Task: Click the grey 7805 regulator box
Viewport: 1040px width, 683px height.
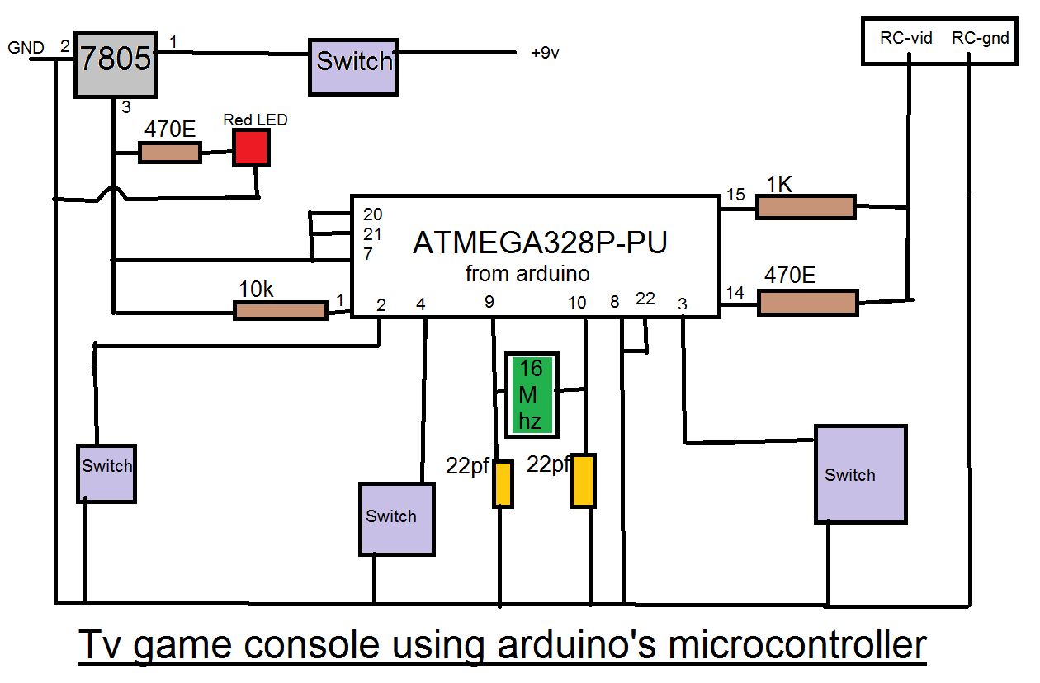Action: click(116, 64)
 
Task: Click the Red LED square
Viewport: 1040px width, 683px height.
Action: click(251, 148)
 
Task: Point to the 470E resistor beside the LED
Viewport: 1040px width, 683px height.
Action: click(169, 152)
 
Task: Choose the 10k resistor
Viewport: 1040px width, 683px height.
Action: click(281, 310)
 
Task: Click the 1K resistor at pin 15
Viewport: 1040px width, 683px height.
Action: click(806, 207)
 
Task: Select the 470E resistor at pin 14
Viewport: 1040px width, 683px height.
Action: click(807, 302)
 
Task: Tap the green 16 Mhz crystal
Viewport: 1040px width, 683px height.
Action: click(532, 394)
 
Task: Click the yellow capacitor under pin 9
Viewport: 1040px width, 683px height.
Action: click(503, 484)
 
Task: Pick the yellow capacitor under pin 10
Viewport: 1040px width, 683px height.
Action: click(584, 480)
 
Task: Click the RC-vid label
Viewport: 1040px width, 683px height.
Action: click(905, 38)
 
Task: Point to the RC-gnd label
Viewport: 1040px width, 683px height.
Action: click(980, 38)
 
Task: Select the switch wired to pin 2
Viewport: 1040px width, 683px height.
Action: click(106, 473)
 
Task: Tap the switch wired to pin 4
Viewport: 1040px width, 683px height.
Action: click(396, 518)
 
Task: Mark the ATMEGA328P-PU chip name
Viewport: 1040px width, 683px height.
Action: click(540, 243)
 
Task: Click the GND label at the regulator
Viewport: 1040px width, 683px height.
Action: click(26, 48)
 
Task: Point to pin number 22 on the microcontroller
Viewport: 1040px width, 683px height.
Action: click(645, 299)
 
